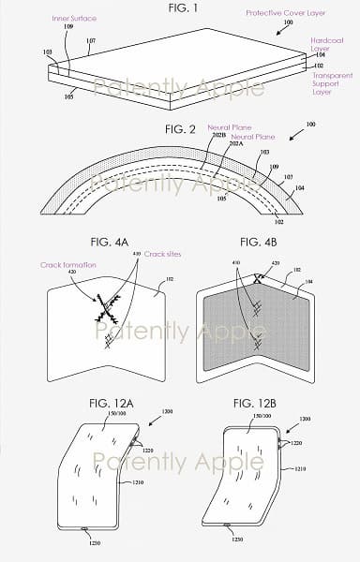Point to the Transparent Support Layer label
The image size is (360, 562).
pos(333,83)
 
